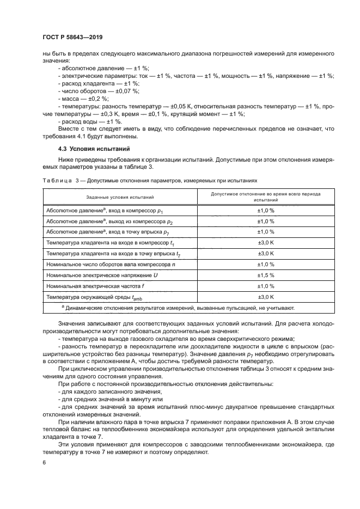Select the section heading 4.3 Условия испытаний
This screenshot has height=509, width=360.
[89, 148]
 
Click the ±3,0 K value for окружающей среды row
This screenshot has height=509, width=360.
[265, 297]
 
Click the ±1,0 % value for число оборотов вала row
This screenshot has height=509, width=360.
[265, 264]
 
